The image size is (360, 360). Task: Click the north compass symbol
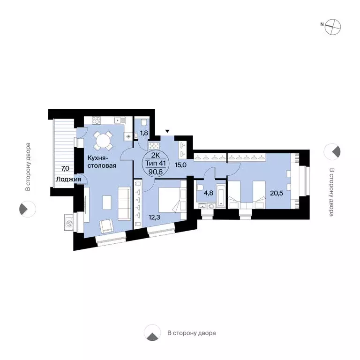(333, 27)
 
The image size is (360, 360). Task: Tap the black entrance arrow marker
(167, 131)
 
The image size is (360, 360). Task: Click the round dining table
(103, 141)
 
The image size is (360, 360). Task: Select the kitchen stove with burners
(96, 120)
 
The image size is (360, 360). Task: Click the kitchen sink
(120, 120)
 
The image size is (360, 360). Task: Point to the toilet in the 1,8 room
(144, 122)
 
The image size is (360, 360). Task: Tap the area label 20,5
(277, 193)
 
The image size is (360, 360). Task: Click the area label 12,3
(154, 217)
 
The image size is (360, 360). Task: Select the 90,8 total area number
(156, 172)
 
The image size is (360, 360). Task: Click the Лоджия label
(68, 180)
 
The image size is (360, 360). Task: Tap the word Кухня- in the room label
(98, 158)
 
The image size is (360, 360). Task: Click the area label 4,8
(209, 193)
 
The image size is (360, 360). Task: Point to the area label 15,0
(180, 165)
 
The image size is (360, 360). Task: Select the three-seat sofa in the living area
(124, 203)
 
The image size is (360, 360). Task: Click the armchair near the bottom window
(107, 225)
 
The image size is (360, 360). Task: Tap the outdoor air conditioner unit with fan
(68, 223)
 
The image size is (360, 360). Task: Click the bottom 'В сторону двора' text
(191, 333)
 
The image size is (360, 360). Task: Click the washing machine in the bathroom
(210, 206)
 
